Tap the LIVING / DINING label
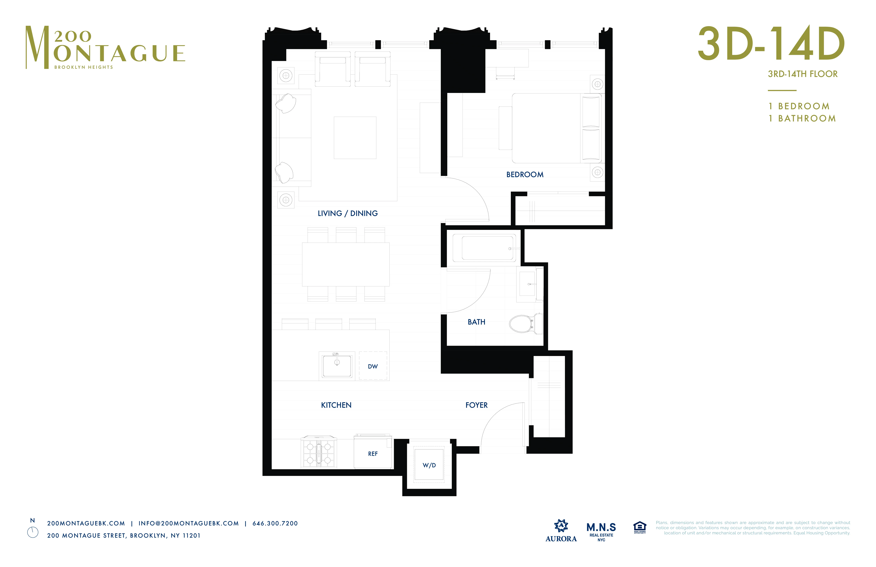tap(347, 213)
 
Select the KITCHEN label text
tap(336, 405)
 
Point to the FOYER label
tap(476, 405)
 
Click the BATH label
tap(476, 322)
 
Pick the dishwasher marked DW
tap(373, 366)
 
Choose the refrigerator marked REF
tap(373, 453)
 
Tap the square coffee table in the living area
tap(355, 138)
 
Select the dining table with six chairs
tap(346, 264)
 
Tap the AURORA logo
tap(561, 530)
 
